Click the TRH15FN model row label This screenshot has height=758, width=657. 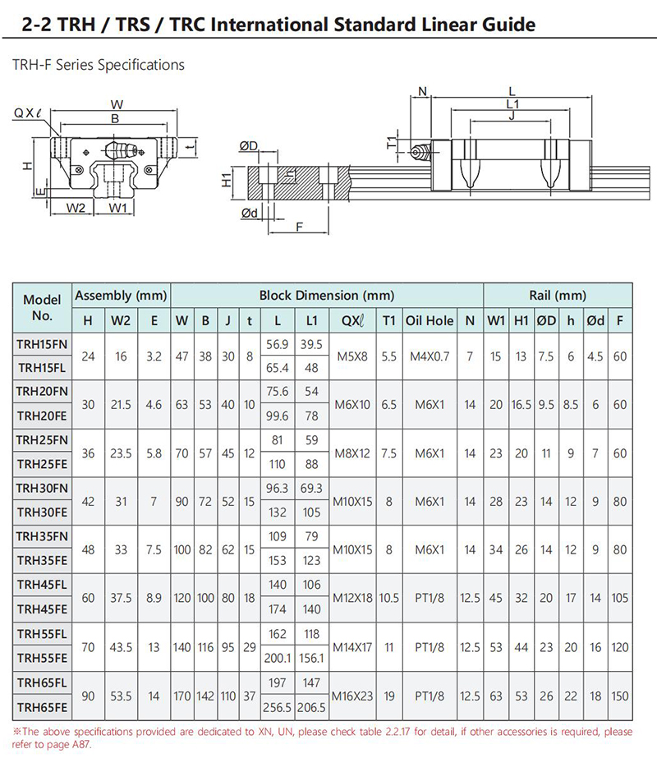tap(42, 344)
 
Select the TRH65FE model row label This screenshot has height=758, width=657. tap(42, 707)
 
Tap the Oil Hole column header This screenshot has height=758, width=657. tap(430, 320)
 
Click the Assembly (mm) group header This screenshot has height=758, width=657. tap(121, 296)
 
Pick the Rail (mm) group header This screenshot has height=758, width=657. tap(558, 296)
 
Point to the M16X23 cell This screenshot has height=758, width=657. tap(352, 696)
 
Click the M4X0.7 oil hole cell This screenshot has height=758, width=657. tap(430, 356)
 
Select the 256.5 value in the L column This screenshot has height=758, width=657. tap(277, 707)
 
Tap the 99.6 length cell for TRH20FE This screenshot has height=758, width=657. tap(277, 416)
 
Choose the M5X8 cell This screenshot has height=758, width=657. tap(352, 356)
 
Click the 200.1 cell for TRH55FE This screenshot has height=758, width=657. tap(277, 658)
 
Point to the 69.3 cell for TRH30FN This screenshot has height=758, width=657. tap(311, 489)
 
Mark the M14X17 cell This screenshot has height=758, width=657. tap(352, 647)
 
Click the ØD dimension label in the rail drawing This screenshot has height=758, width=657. tap(249, 145)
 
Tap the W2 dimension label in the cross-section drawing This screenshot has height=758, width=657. tap(76, 208)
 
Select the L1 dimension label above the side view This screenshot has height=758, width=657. tap(512, 104)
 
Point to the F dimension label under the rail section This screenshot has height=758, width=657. tap(299, 227)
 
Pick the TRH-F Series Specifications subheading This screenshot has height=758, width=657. tap(98, 65)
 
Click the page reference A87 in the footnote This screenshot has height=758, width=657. tap(80, 745)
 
